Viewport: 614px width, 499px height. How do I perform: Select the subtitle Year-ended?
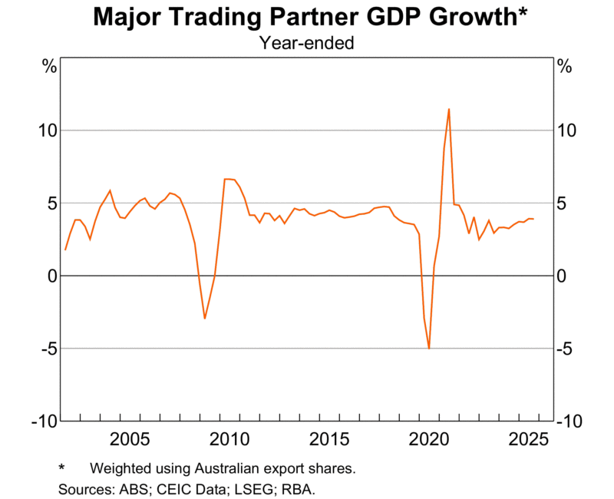click(306, 43)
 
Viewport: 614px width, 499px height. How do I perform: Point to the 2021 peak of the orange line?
click(449, 109)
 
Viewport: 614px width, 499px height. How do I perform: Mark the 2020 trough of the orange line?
click(429, 349)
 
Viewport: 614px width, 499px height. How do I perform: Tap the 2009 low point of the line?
click(205, 319)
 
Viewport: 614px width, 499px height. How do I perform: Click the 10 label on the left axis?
click(48, 131)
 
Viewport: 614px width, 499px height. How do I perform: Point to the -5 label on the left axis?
click(48, 349)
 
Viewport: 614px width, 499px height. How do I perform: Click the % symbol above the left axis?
click(49, 66)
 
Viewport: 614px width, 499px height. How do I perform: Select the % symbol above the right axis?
click(565, 66)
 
